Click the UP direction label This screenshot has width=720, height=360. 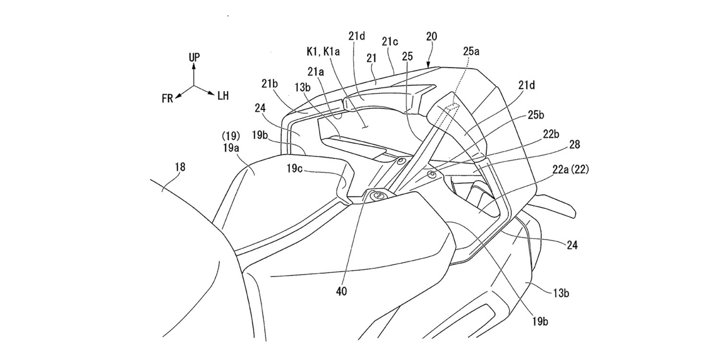[x=194, y=57]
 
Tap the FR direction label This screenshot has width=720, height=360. [x=168, y=99]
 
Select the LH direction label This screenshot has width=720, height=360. [x=223, y=96]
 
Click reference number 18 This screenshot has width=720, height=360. [x=180, y=167]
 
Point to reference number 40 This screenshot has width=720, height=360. [x=342, y=291]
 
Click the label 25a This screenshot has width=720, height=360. [x=471, y=51]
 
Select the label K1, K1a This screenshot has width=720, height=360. [x=323, y=52]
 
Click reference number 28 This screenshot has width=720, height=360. [x=574, y=144]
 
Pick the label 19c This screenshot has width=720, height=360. [x=295, y=169]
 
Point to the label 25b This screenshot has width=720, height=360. [x=536, y=115]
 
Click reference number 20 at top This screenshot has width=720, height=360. [x=432, y=37]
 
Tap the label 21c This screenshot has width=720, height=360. [x=390, y=42]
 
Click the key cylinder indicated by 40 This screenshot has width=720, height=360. [x=378, y=195]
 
